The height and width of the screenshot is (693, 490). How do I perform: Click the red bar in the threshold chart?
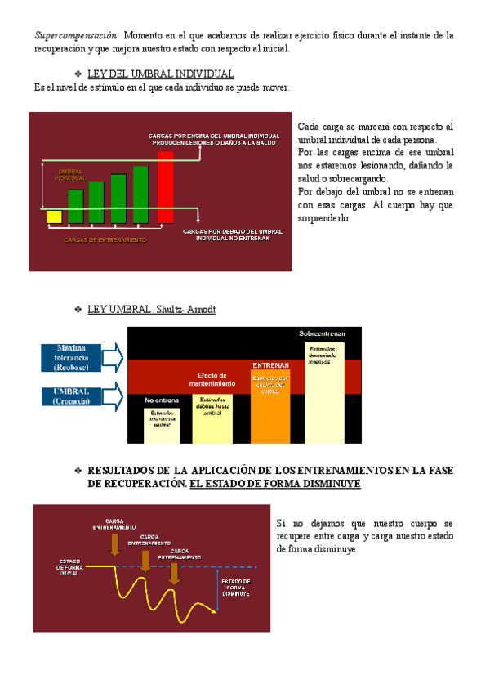coord(165,187)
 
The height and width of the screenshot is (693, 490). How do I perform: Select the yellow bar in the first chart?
coord(54,217)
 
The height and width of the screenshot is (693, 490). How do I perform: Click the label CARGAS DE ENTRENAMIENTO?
coord(105,239)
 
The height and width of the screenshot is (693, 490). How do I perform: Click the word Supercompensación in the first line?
coord(77,35)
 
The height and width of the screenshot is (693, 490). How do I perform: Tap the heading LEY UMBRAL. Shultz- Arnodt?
coord(151,310)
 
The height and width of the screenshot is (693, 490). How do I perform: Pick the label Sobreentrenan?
coord(323,334)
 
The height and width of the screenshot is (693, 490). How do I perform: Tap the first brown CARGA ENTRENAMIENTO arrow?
coord(115,544)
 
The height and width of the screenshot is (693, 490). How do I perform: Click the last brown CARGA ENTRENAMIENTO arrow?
coord(173,572)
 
